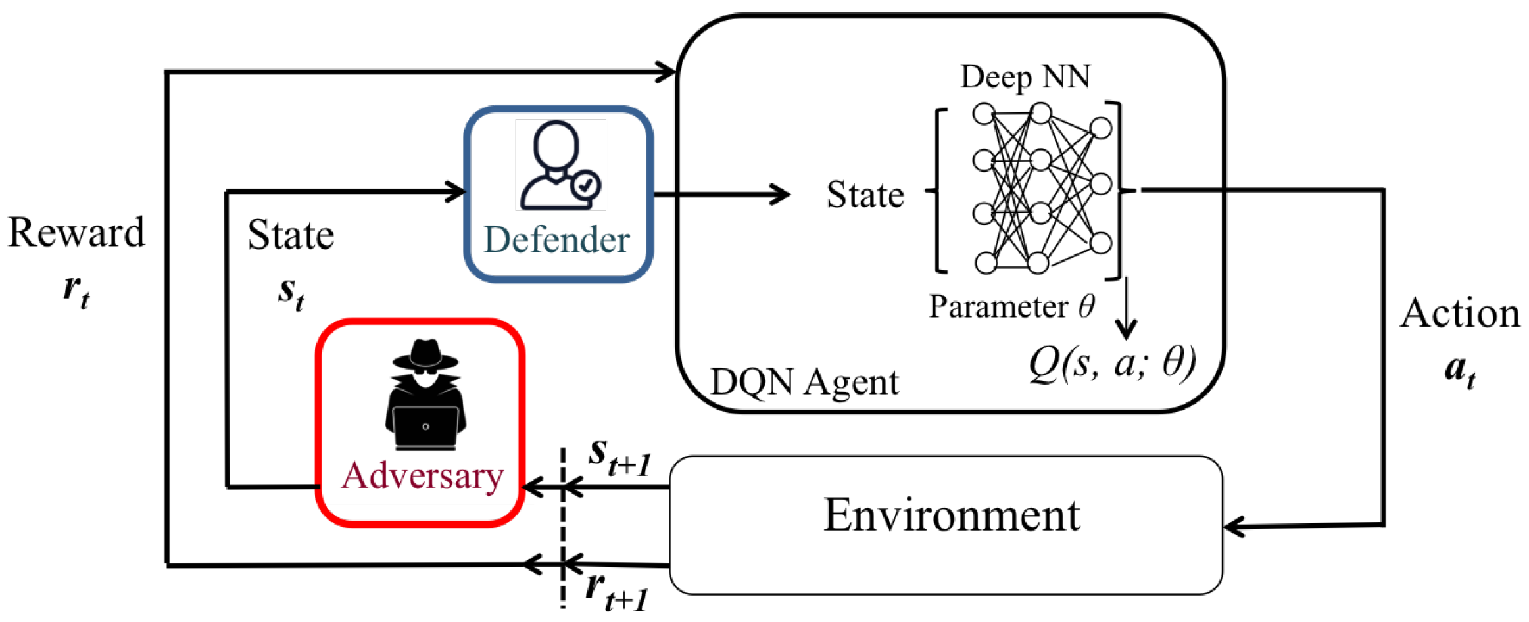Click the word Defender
[x=556, y=239]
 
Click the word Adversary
[x=422, y=475]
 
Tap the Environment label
[x=951, y=515]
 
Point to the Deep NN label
[x=1025, y=77]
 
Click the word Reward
[x=76, y=233]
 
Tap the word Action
[x=1460, y=313]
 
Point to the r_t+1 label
[x=617, y=592]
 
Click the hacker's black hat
[x=425, y=355]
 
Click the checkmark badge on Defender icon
[x=585, y=185]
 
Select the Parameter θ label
[x=1012, y=306]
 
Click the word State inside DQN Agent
[x=865, y=195]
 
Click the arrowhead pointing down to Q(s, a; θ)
[x=1127, y=329]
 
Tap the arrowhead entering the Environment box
[x=1234, y=527]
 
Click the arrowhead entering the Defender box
[x=456, y=192]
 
